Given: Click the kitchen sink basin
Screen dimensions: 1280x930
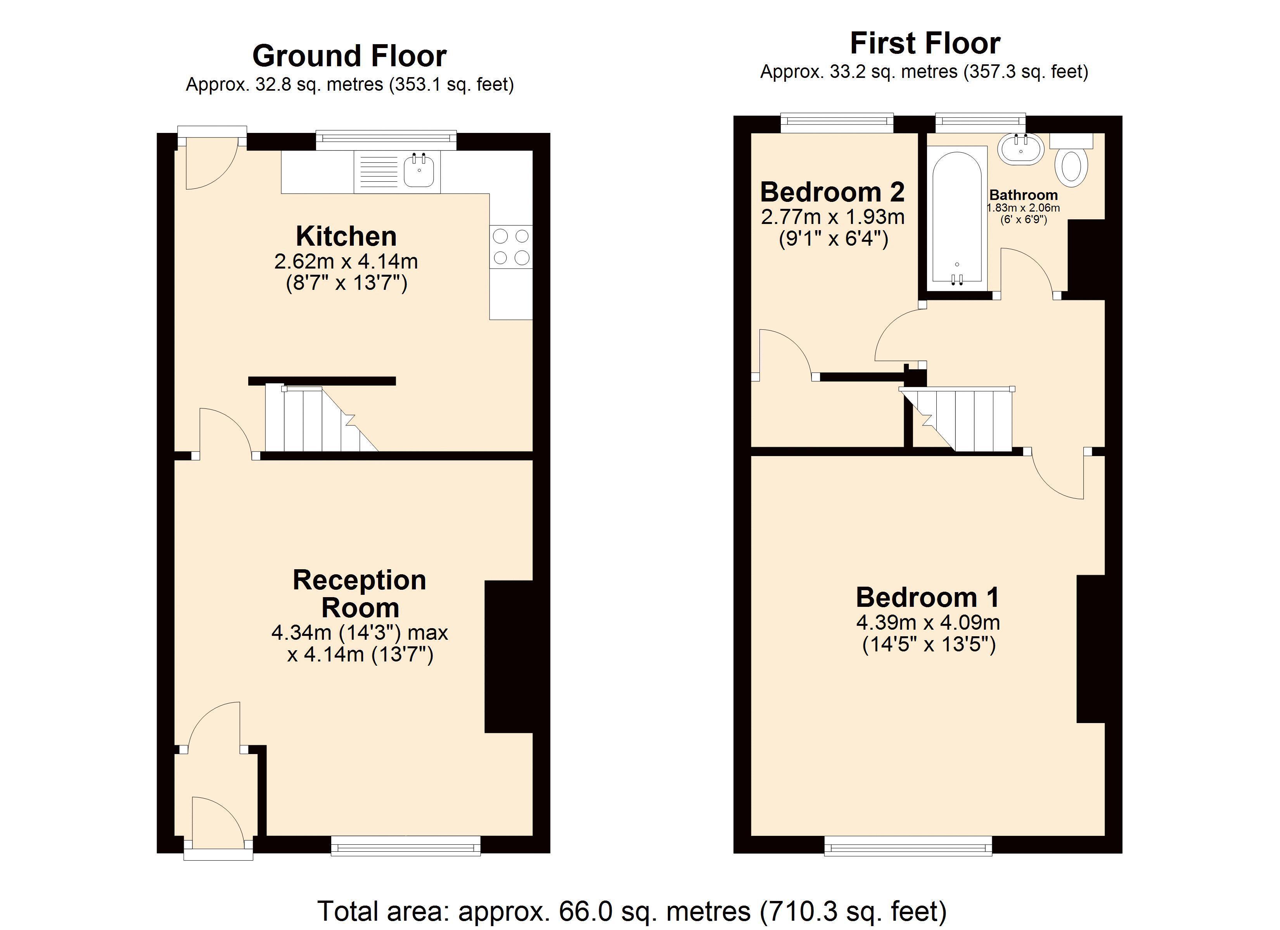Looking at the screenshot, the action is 419,171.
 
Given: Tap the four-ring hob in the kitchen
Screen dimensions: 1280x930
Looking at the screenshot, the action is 511,247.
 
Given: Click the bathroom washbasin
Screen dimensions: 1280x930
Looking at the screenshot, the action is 1021,149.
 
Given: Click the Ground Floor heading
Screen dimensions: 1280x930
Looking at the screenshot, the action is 349,56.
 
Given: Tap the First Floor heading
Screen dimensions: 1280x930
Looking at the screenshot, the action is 925,43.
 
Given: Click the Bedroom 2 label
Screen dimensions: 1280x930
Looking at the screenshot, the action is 832,192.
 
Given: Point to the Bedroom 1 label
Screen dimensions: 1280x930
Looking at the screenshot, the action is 928,597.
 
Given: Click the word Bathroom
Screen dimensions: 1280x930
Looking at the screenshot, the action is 1023,195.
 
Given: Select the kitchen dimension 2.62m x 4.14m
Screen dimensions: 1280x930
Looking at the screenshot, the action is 346,262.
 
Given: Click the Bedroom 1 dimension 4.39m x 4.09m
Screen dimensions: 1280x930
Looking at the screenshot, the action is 929,623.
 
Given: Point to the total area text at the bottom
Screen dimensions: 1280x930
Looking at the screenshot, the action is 632,910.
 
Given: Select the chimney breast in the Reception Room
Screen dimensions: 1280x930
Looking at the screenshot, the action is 509,656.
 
